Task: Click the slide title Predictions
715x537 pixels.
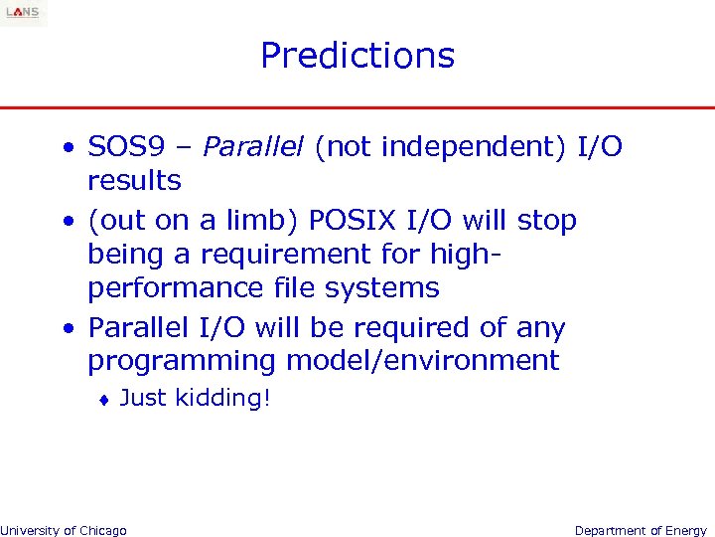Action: [x=357, y=56]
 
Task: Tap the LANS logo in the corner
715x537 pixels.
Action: [x=23, y=12]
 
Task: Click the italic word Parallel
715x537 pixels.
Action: [x=253, y=147]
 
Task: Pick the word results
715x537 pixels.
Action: [x=134, y=181]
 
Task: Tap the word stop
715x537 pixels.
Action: [x=543, y=220]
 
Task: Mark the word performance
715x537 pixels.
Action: [x=170, y=288]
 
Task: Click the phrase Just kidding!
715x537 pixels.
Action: [x=195, y=399]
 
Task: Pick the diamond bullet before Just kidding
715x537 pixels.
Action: [x=104, y=400]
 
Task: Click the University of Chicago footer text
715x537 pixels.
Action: [x=64, y=530]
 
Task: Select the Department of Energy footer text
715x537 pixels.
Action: [x=641, y=530]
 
